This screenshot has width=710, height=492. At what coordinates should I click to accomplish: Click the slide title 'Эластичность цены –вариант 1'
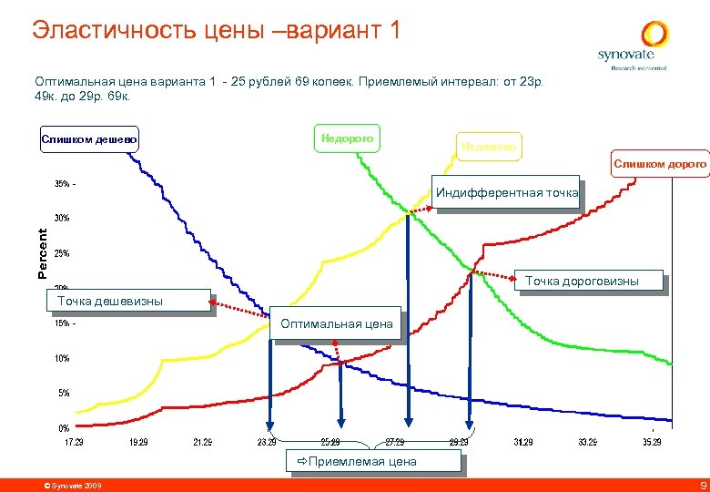click(x=216, y=30)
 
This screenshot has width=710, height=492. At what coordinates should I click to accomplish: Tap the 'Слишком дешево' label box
click(x=89, y=139)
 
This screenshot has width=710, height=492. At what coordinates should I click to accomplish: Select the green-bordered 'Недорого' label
click(x=347, y=138)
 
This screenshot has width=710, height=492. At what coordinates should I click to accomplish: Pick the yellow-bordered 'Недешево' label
click(x=489, y=146)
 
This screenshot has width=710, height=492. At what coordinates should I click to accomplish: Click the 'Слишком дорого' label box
click(x=659, y=163)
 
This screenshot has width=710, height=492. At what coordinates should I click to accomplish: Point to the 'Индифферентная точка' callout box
click(x=507, y=192)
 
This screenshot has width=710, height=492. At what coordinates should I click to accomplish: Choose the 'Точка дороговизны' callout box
click(x=594, y=282)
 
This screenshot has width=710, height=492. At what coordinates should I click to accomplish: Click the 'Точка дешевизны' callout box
click(x=109, y=301)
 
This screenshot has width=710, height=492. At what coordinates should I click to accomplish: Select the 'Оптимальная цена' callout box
click(x=337, y=323)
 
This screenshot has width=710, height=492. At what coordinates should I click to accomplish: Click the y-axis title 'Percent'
click(x=42, y=253)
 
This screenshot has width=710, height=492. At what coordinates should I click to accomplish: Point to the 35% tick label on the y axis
click(x=63, y=184)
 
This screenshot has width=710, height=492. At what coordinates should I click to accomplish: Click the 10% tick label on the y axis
click(x=62, y=358)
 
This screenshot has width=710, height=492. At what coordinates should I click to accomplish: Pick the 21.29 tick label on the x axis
click(x=203, y=442)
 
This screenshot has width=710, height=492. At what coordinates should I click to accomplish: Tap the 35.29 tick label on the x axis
click(x=652, y=442)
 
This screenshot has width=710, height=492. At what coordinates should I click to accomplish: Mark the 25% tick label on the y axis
click(x=62, y=253)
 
